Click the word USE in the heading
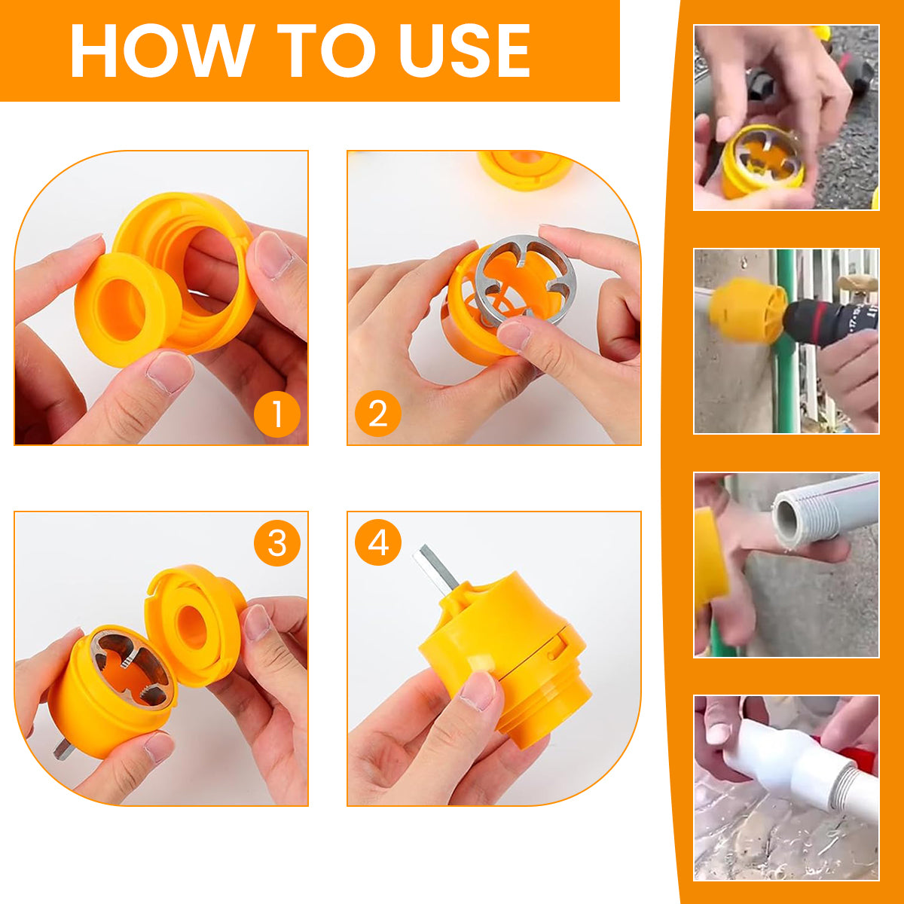coord(464,50)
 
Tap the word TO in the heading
coord(326,50)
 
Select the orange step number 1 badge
coord(276,414)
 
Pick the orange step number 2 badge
coord(378,414)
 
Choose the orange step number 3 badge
coord(276,542)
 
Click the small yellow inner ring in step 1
coord(127,310)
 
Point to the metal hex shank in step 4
coord(435,569)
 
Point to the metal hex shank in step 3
coord(64,748)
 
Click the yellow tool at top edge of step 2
coord(525,169)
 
